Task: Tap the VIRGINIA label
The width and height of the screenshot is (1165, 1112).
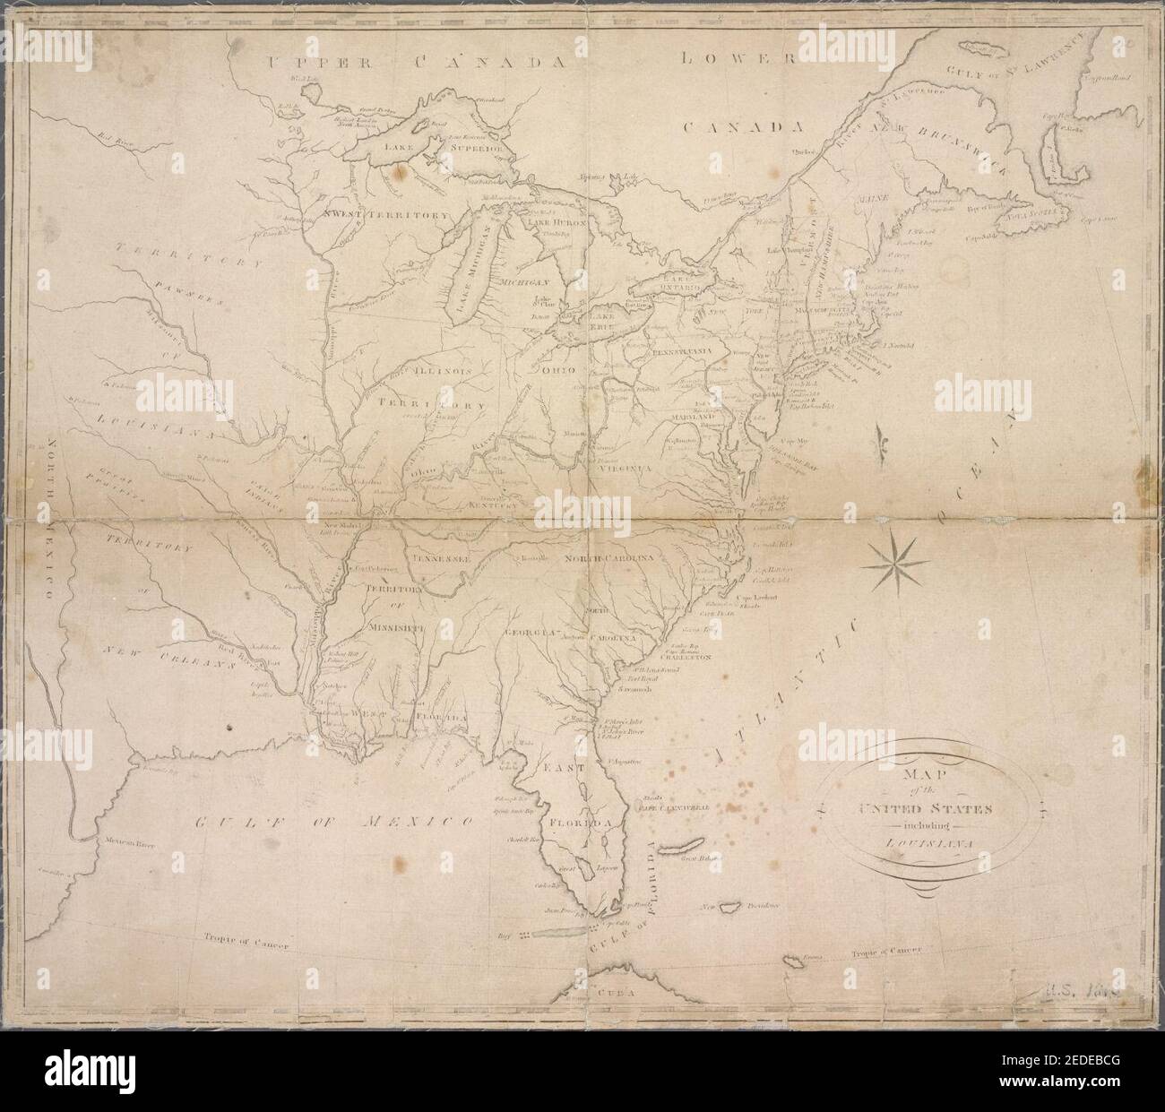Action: click(618, 466)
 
